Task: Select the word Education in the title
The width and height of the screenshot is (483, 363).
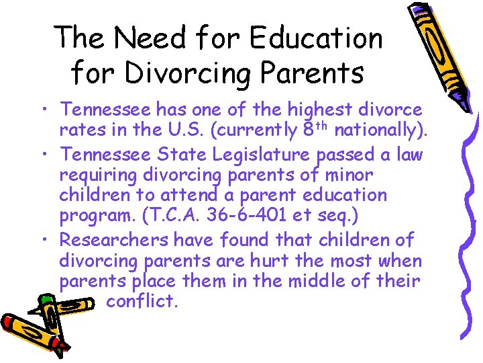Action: click(318, 38)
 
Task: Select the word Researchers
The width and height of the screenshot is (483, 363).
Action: click(115, 239)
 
